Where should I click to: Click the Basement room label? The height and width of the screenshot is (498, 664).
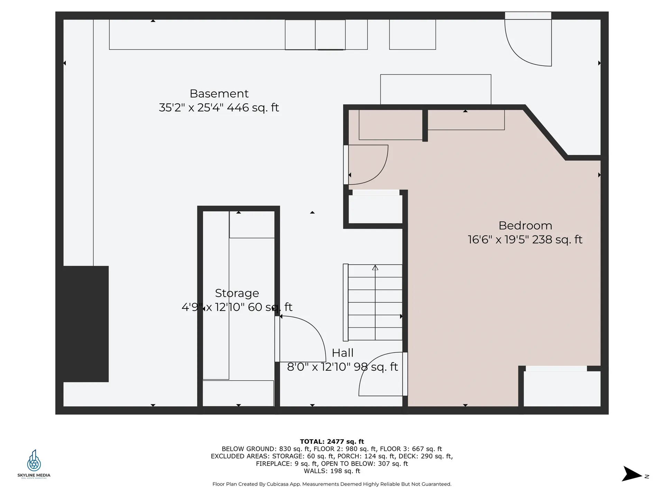[x=219, y=94]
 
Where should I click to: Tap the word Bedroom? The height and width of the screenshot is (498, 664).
[x=525, y=225]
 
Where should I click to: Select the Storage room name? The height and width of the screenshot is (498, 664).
[x=237, y=293]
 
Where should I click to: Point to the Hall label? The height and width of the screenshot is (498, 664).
[x=342, y=353]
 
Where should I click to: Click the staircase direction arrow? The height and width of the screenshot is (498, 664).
[x=375, y=268]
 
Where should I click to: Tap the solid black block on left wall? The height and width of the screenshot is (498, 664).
[x=86, y=324]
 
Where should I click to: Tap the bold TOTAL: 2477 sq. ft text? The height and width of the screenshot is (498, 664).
[x=332, y=441]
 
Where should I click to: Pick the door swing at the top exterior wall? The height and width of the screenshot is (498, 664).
[x=528, y=43]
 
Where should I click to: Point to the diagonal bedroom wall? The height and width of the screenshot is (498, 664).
[x=546, y=133]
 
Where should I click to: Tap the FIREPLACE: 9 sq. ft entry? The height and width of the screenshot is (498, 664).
[x=287, y=464]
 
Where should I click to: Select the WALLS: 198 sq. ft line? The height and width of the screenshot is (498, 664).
[x=332, y=471]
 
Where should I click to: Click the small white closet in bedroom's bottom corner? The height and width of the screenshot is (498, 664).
[x=562, y=389]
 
